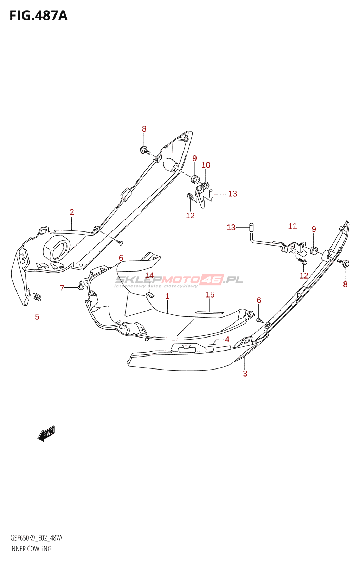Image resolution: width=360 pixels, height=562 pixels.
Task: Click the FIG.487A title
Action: (x=39, y=15)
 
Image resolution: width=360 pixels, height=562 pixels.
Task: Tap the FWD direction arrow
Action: (x=46, y=433)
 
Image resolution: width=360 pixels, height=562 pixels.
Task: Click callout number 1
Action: (x=167, y=296)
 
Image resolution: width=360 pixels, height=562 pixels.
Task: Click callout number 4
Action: (x=227, y=340)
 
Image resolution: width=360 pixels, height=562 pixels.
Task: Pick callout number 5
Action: (x=37, y=317)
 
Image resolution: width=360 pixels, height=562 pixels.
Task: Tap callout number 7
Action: (x=62, y=288)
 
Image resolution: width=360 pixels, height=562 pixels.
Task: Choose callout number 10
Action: (x=206, y=165)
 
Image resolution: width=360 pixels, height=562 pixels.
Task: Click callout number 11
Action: (x=292, y=226)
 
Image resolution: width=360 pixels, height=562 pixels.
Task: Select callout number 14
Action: (x=149, y=275)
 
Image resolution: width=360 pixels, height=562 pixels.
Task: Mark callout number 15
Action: (x=210, y=295)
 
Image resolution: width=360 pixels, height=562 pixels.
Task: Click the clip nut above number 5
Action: (x=37, y=297)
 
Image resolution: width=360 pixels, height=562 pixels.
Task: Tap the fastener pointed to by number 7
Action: (x=81, y=285)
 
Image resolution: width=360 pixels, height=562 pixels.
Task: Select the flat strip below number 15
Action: (x=209, y=313)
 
